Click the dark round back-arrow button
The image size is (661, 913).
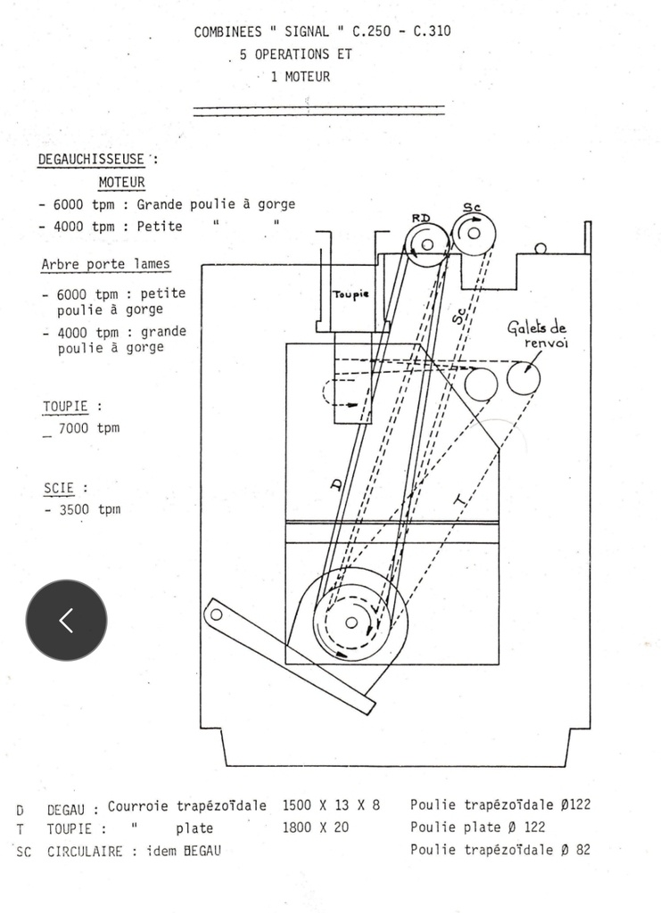pyautogui.click(x=66, y=621)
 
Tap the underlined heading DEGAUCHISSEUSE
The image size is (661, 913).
pyautogui.click(x=91, y=159)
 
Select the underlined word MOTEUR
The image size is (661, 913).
pyautogui.click(x=121, y=182)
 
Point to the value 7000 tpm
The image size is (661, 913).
pyautogui.click(x=88, y=428)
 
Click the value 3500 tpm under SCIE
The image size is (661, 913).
pyautogui.click(x=90, y=509)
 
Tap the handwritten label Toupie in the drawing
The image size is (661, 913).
pyautogui.click(x=351, y=294)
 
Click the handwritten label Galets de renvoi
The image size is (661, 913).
pyautogui.click(x=538, y=334)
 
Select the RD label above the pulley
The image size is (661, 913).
pyautogui.click(x=421, y=218)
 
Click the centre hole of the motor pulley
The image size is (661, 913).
pyautogui.click(x=351, y=622)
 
